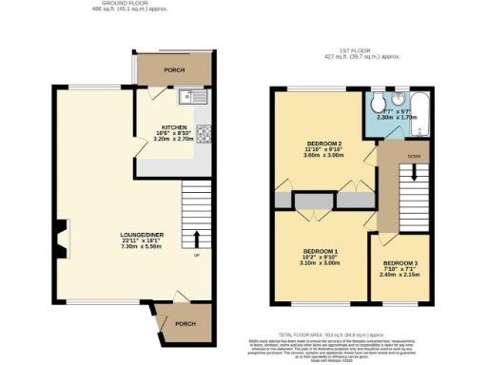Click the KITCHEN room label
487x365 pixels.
[174, 125]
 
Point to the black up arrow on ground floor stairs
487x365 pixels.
[197, 239]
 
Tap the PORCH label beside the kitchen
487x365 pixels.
[174, 70]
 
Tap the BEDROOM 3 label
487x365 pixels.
[400, 263]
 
